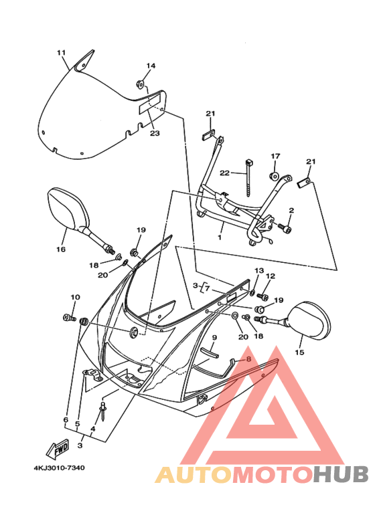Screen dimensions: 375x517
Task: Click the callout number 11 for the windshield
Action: tap(61, 53)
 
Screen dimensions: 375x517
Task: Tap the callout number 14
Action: tap(151, 66)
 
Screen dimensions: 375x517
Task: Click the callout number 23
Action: tap(155, 133)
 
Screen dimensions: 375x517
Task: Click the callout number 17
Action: tap(276, 156)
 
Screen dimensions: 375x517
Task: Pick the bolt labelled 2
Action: tap(285, 228)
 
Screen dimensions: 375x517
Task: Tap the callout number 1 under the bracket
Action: tap(220, 237)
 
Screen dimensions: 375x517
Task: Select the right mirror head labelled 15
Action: tap(309, 320)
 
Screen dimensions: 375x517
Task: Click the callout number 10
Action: tap(75, 298)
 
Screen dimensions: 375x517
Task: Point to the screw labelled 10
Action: tap(69, 318)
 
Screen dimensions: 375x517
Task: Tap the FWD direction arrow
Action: tap(57, 449)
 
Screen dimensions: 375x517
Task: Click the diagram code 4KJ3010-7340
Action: tap(59, 468)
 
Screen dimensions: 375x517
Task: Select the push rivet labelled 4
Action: tap(103, 411)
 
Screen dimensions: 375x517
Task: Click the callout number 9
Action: tap(214, 337)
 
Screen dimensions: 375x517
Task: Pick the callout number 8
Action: tap(248, 358)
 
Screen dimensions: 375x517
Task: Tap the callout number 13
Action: tap(259, 270)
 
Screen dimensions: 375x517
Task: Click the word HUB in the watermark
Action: tap(341, 474)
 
